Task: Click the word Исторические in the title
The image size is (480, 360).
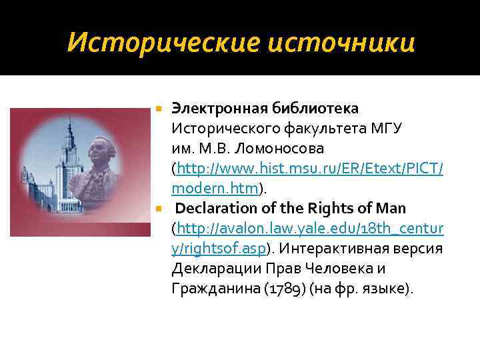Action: point(157,43)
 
